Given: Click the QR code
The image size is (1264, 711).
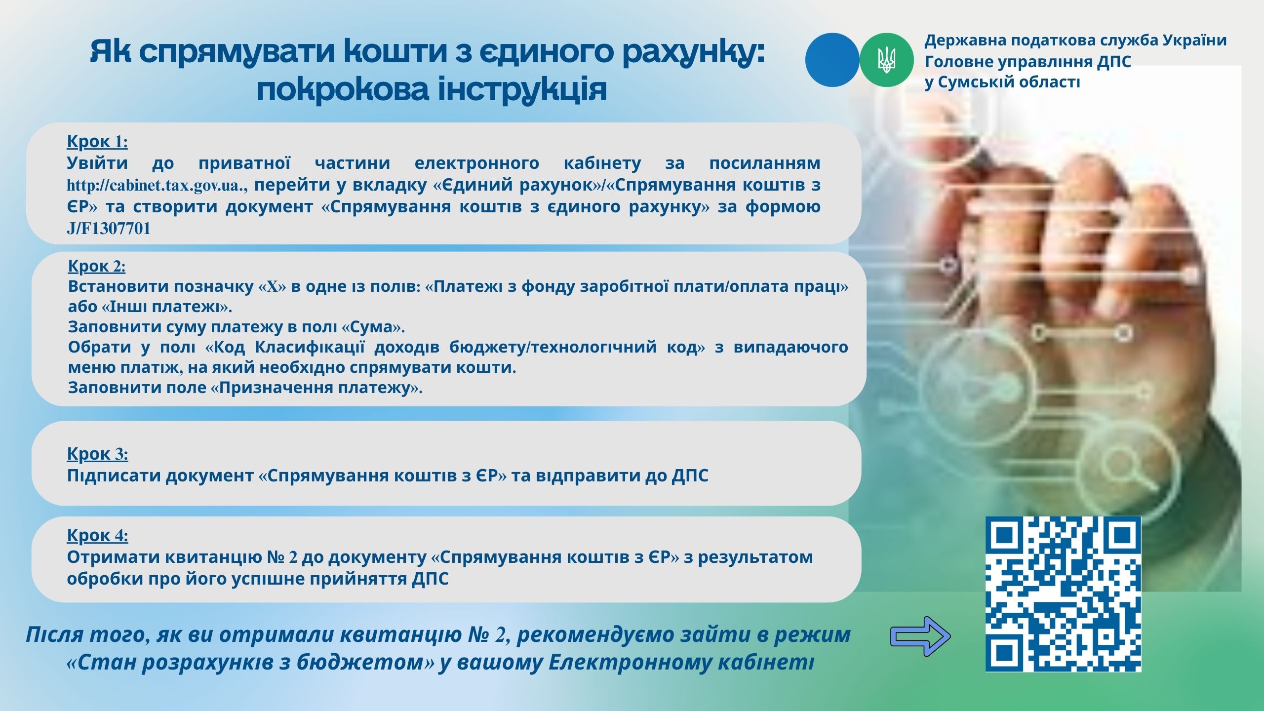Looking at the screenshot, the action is [1063, 594].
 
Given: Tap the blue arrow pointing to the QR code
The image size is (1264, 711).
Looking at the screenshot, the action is [920, 636].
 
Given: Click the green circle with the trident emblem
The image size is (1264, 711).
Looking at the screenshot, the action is [887, 60].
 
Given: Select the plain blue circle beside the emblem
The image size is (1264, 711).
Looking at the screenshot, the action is [832, 60].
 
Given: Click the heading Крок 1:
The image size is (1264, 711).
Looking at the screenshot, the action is [97, 142].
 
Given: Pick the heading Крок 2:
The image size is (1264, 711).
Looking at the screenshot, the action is [97, 266].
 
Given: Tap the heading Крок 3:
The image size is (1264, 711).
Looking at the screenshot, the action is [97, 454].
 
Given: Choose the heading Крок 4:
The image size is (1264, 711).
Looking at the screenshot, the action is [97, 535].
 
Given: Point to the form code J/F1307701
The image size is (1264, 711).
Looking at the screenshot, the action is [109, 229].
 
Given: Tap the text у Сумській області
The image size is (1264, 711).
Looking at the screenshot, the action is [1002, 82].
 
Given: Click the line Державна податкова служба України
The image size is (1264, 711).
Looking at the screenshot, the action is [1075, 40].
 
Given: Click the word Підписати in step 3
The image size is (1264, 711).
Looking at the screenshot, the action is [114, 476].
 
